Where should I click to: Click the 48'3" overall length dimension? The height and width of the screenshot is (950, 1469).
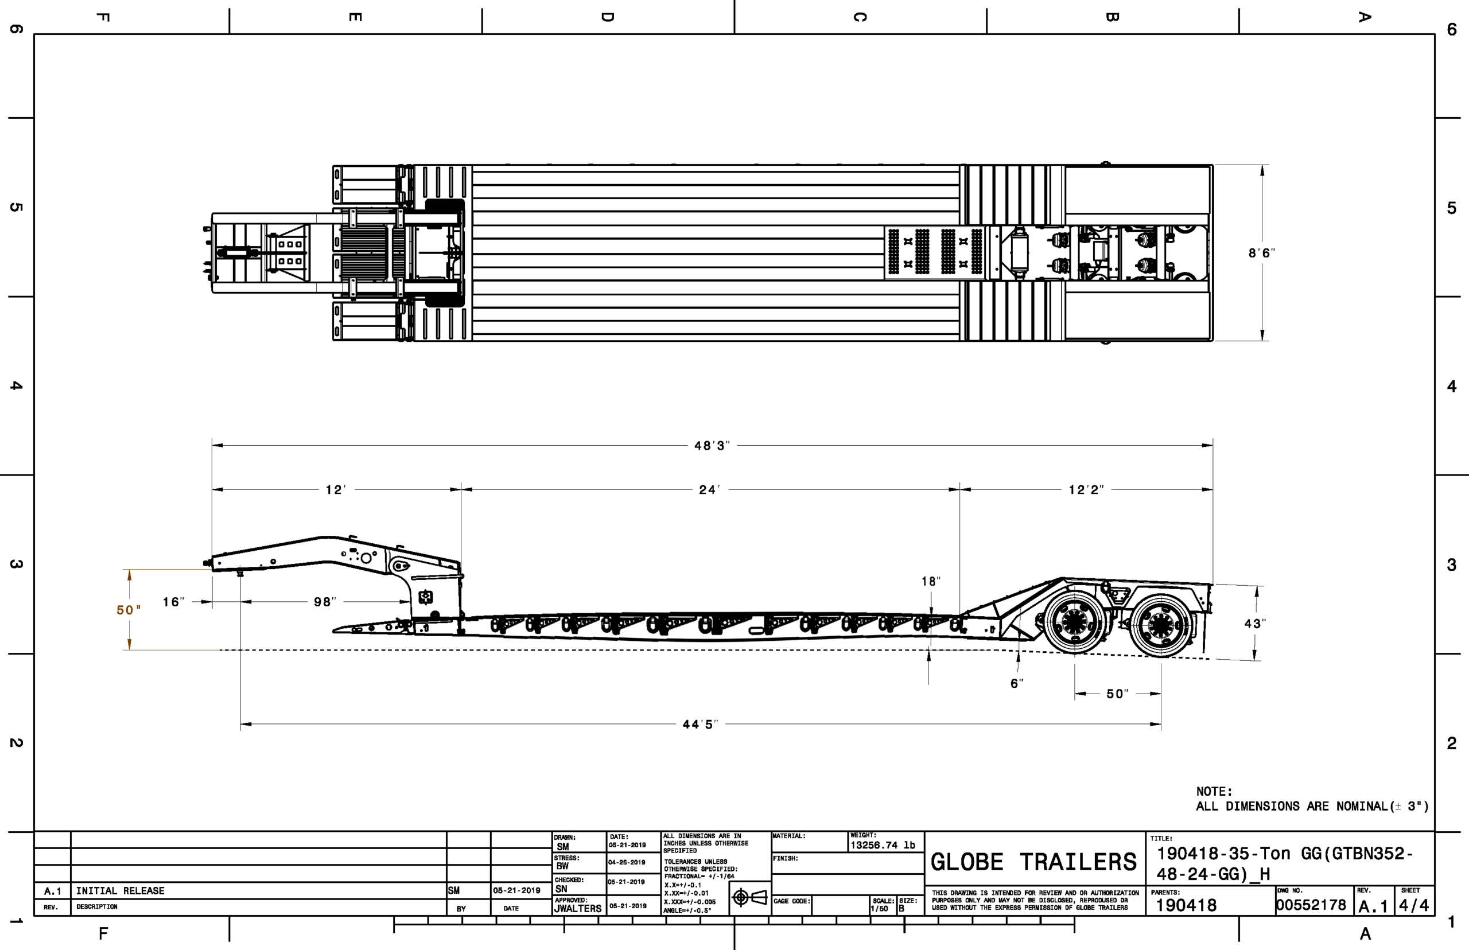pos(712,445)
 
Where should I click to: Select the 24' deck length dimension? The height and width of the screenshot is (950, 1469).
pos(709,490)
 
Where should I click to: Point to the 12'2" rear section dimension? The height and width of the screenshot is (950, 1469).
pos(1086,490)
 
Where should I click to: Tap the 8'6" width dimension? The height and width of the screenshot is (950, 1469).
pos(1262,253)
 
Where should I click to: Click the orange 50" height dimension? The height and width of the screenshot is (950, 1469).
pos(129,610)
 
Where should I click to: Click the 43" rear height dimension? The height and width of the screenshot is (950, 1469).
pos(1256,624)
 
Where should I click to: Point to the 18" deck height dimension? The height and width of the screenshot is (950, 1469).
pos(931,581)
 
